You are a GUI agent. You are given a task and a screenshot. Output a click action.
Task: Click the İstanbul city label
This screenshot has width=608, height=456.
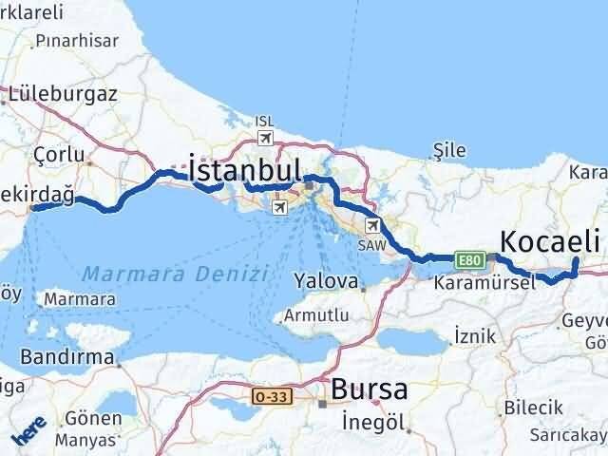pos(245,169)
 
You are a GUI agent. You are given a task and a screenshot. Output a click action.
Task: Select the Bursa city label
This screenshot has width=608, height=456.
pos(370,389)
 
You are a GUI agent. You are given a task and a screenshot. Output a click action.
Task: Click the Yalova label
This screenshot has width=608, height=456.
pos(325,282)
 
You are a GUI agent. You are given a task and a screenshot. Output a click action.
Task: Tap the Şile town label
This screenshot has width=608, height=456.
pos(447,150)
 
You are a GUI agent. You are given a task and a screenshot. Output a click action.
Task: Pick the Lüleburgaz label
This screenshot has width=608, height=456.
pos(63,94)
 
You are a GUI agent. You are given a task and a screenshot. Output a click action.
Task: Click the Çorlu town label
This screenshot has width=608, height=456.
pos(59,154)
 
